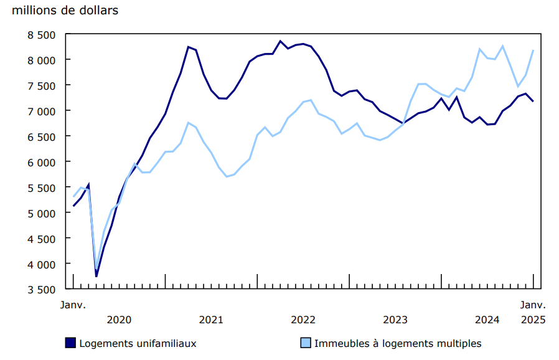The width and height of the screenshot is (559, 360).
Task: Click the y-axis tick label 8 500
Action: pyautogui.click(x=42, y=34)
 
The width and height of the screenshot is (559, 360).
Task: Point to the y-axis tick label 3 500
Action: pyautogui.click(x=42, y=290)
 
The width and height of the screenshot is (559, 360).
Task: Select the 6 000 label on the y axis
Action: pyautogui.click(x=42, y=162)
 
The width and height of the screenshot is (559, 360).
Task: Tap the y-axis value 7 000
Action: pyautogui.click(x=42, y=111)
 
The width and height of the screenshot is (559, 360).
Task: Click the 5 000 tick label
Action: pyautogui.click(x=42, y=213)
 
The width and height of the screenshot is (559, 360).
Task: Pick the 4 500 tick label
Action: pyautogui.click(x=42, y=239)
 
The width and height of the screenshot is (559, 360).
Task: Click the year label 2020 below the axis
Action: pyautogui.click(x=119, y=320)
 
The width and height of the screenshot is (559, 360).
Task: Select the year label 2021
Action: pyautogui.click(x=211, y=320)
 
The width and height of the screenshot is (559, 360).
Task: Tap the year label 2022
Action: pyautogui.click(x=303, y=320)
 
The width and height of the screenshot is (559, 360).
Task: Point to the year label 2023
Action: pyautogui.click(x=395, y=320)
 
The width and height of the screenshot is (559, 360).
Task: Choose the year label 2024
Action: pyautogui.click(x=487, y=320)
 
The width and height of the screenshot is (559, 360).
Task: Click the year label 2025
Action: pyautogui.click(x=533, y=320)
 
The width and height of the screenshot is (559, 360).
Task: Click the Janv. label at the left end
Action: pyautogui.click(x=73, y=305)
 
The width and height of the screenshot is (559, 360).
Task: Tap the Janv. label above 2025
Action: pyautogui.click(x=533, y=305)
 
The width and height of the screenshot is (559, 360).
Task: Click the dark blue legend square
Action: pyautogui.click(x=70, y=343)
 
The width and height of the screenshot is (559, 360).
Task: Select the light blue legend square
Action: pyautogui.click(x=305, y=343)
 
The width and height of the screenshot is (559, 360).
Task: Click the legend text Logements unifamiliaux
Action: pyautogui.click(x=138, y=343)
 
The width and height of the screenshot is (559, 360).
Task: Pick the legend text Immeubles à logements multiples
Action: pyautogui.click(x=398, y=343)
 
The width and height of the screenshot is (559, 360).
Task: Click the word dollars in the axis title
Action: pyautogui.click(x=99, y=11)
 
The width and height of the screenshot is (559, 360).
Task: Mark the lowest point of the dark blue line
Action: pyautogui.click(x=96, y=276)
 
